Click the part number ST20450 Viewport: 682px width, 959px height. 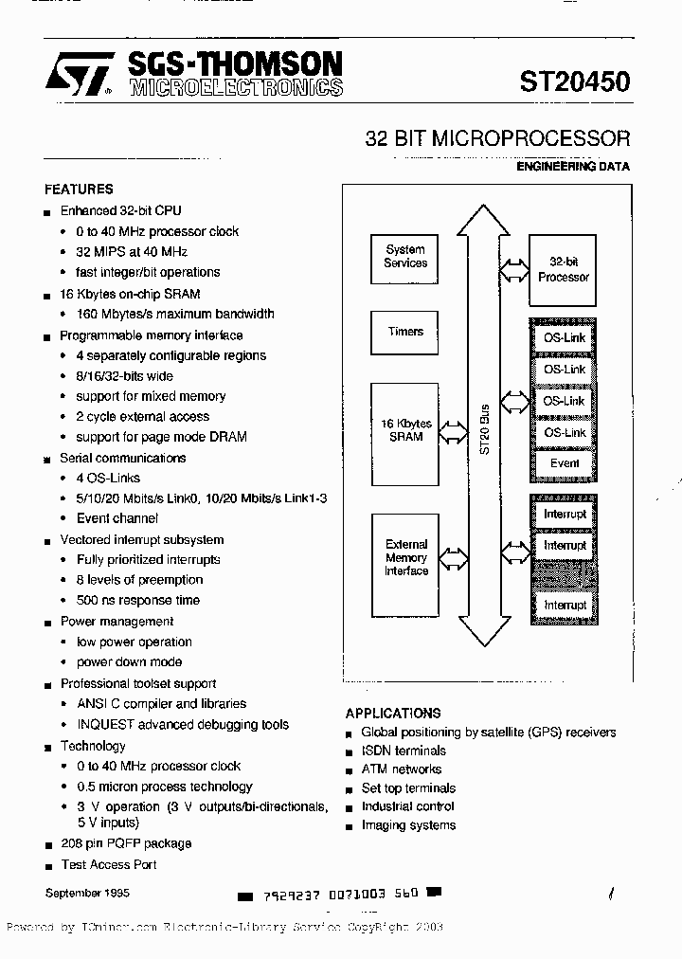coord(574,81)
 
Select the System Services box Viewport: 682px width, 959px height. coord(405,257)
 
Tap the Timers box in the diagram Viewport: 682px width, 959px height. coord(405,332)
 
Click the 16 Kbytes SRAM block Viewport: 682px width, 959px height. coord(405,430)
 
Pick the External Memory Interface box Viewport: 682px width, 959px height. coord(405,558)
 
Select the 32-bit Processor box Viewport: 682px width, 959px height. coord(564,271)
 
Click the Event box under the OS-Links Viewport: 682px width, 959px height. coord(565,463)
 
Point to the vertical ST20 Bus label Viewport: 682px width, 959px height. coord(484,431)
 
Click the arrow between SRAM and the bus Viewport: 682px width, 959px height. coord(454,432)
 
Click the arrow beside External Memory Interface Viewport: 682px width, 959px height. coord(454,557)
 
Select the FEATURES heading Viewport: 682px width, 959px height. coord(79,189)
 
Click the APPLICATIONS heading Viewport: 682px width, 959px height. coord(393,713)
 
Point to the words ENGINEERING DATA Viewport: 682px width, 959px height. coord(573,166)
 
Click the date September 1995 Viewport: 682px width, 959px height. coord(87,893)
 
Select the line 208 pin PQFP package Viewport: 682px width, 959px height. coord(126,843)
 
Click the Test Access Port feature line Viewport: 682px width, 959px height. coord(109,864)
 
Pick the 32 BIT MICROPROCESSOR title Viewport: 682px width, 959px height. coord(497,138)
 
